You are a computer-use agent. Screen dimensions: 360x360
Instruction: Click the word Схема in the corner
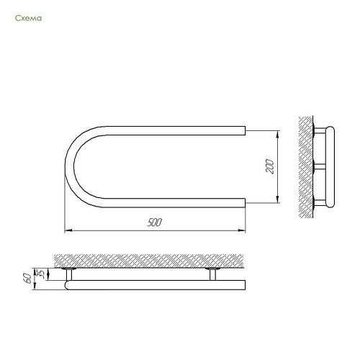click(x=28, y=18)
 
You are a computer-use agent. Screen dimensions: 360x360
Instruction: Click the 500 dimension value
click(x=155, y=222)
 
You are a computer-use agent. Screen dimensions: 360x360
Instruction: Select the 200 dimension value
click(x=270, y=166)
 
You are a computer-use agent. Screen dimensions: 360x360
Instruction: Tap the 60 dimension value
click(x=28, y=279)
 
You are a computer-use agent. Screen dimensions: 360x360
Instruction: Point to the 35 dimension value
click(x=42, y=274)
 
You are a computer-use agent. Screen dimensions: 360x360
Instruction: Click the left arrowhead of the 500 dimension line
click(x=68, y=230)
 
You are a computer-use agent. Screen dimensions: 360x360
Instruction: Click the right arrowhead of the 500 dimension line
click(x=242, y=230)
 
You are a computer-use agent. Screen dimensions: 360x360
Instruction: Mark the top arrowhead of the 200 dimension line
click(x=277, y=135)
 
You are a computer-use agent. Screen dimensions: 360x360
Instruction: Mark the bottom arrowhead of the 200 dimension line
click(x=277, y=199)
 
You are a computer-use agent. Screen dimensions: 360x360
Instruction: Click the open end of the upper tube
click(x=245, y=130)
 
